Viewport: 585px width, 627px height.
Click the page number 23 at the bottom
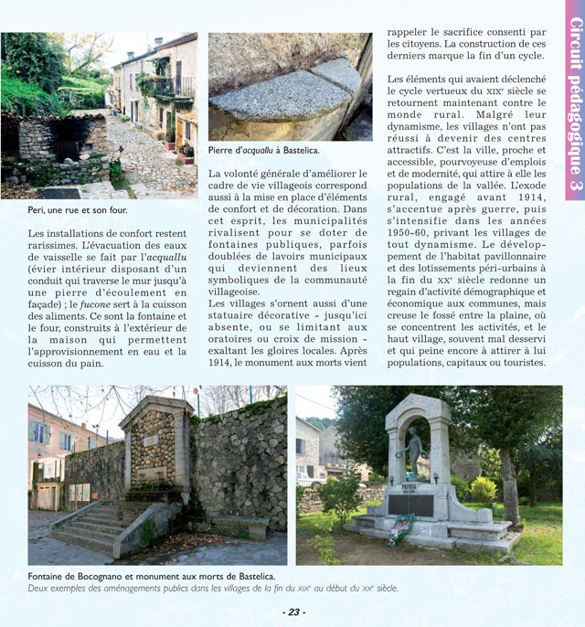pyautogui.click(x=292, y=611)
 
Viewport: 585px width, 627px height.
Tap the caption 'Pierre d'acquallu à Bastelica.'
pyautogui.click(x=263, y=150)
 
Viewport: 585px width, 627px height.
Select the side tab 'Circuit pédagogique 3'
pyautogui.click(x=575, y=96)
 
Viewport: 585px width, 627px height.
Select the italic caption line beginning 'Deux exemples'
pyautogui.click(x=214, y=589)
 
